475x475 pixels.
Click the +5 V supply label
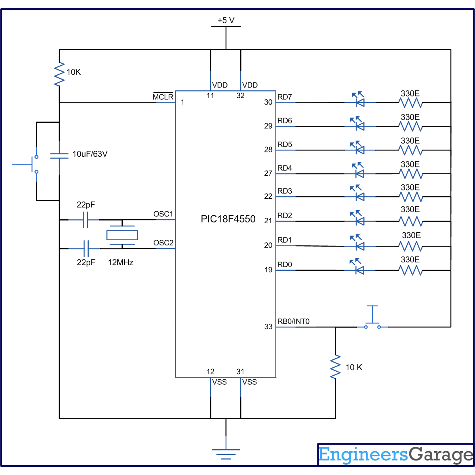(x=226, y=20)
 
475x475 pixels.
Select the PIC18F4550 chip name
(x=228, y=219)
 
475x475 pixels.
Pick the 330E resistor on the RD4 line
(x=411, y=173)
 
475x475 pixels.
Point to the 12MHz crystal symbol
(x=122, y=235)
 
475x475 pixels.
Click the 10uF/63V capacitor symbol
(x=59, y=156)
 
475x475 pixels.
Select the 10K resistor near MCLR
(x=59, y=74)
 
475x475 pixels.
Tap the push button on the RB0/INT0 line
(x=372, y=322)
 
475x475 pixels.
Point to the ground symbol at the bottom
(x=226, y=453)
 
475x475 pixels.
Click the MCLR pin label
(x=163, y=97)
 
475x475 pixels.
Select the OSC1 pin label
(x=163, y=214)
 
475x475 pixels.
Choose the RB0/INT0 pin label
(x=293, y=321)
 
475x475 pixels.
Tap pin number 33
(x=268, y=327)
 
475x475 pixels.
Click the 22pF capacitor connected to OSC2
(x=86, y=249)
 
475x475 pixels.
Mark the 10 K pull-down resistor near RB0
(x=335, y=367)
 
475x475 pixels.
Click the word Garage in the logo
(x=441, y=455)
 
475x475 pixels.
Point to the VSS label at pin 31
(x=249, y=382)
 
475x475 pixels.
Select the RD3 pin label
(x=285, y=191)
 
